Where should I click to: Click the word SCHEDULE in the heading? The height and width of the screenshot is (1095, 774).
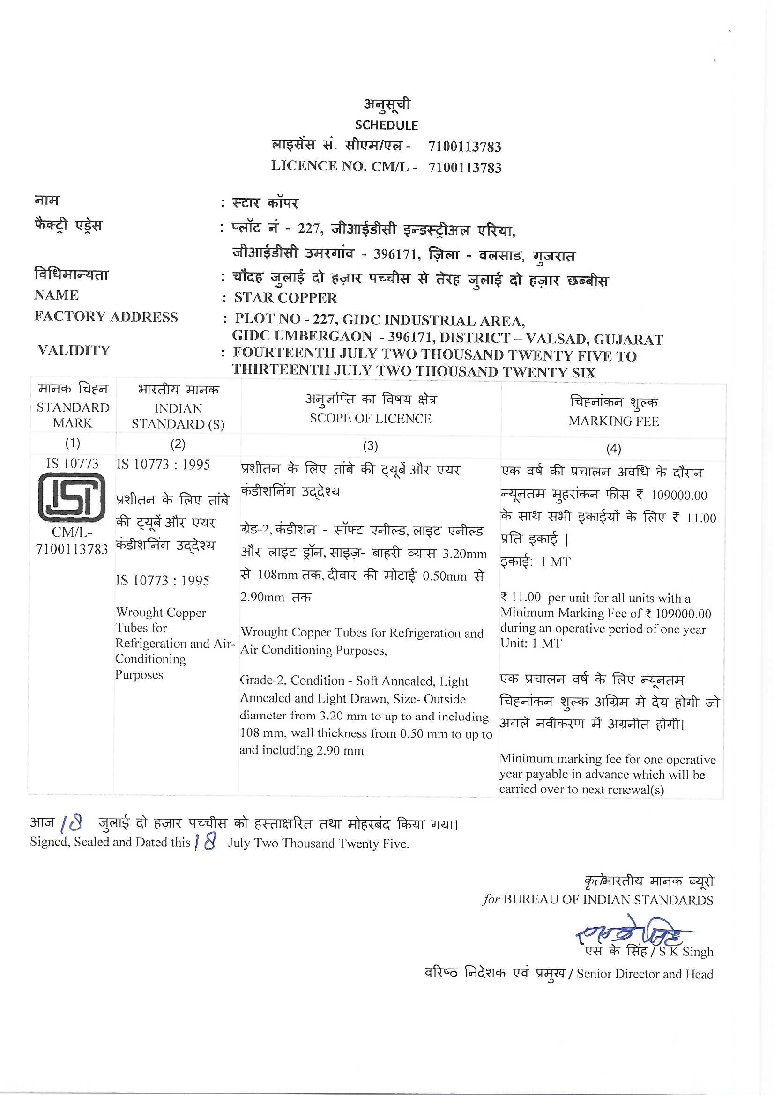point(386,126)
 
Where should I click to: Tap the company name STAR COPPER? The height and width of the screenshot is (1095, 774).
point(285,297)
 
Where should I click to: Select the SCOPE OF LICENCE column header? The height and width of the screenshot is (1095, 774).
point(370,418)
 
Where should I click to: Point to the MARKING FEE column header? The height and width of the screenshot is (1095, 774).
point(613,421)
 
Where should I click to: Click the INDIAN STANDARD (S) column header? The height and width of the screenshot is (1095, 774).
point(178,416)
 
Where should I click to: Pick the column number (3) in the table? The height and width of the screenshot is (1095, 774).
point(370,446)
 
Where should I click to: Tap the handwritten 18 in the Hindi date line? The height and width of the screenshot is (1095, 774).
point(72,822)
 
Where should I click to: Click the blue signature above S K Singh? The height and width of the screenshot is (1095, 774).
point(630,931)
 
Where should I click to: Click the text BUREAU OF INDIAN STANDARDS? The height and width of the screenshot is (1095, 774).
point(608,900)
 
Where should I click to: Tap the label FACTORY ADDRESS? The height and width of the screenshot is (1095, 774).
point(106,317)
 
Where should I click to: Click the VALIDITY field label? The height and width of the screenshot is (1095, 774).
point(74,350)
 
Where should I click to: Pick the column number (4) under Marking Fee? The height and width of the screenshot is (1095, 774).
point(613,448)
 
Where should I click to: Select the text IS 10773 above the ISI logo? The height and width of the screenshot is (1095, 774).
point(72,464)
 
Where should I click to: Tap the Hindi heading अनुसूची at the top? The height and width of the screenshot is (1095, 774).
point(387,104)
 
